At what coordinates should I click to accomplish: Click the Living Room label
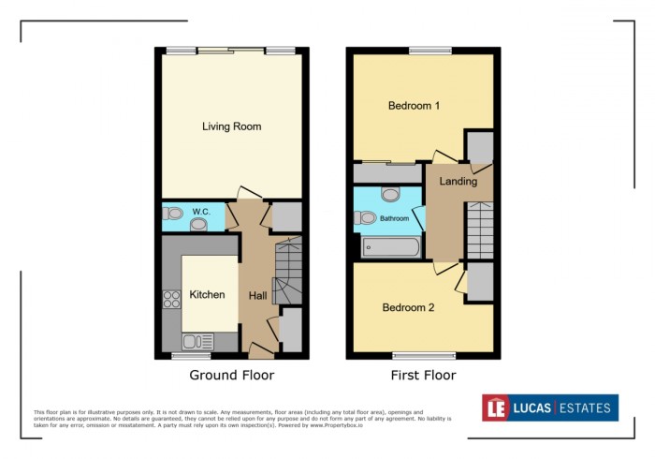(x=231, y=126)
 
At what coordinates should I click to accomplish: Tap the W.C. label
(x=200, y=212)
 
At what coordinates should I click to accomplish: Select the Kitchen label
(x=207, y=294)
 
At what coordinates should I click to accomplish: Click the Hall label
(x=257, y=295)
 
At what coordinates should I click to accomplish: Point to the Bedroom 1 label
(x=415, y=106)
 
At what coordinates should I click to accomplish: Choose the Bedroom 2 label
(x=408, y=307)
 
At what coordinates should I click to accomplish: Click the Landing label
(x=458, y=181)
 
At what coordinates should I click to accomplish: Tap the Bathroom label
(x=394, y=218)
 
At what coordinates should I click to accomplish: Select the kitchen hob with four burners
(x=172, y=300)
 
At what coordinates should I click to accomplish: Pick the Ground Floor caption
(x=231, y=376)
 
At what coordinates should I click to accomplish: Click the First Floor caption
(x=423, y=376)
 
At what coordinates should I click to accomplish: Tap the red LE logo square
(x=495, y=407)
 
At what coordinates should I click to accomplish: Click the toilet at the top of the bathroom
(x=391, y=193)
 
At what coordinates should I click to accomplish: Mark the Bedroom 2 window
(x=423, y=354)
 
